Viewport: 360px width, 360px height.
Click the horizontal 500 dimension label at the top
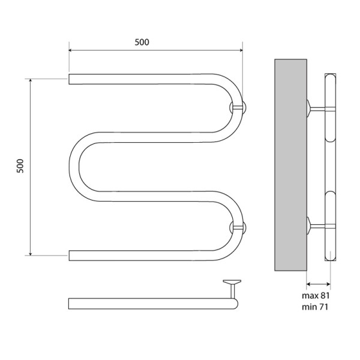click(142, 42)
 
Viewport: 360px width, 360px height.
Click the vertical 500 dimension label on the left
click(20, 166)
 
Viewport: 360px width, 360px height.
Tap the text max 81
click(316, 295)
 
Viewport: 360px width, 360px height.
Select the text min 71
click(315, 307)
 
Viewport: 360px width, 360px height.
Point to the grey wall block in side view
click(290, 165)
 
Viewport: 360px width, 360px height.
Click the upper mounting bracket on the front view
click(238, 107)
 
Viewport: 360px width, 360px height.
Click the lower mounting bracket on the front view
click(238, 227)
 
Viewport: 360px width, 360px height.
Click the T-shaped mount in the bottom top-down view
click(232, 289)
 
